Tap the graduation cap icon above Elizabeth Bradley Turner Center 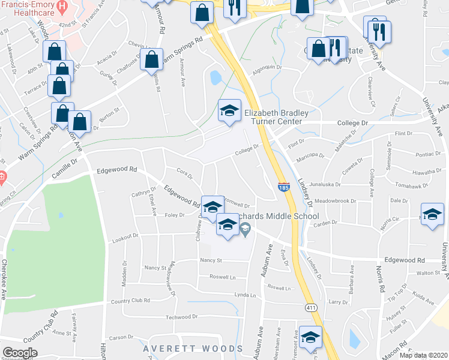pyautogui.click(x=229, y=111)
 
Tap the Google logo pyautogui.click(x=19, y=352)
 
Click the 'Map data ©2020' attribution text pyautogui.click(x=423, y=355)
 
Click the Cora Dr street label pyautogui.click(x=184, y=173)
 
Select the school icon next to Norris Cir pyautogui.click(x=432, y=215)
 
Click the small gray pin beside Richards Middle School pyautogui.click(x=245, y=228)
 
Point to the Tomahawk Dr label pyautogui.click(x=411, y=185)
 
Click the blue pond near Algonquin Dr pyautogui.click(x=215, y=77)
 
